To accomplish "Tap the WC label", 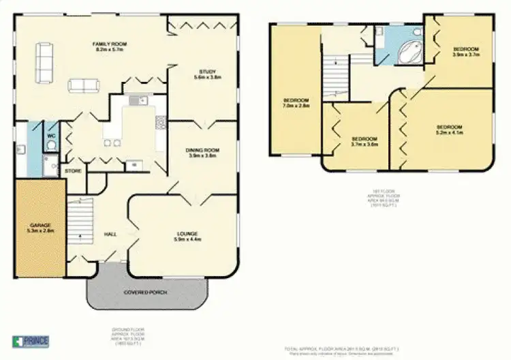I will coord(50,136).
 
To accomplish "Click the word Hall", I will coord(109,234).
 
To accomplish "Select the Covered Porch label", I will coord(144,292).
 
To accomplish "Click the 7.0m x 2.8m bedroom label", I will coord(296,103).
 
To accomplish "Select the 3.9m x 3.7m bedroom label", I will coord(465,52).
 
